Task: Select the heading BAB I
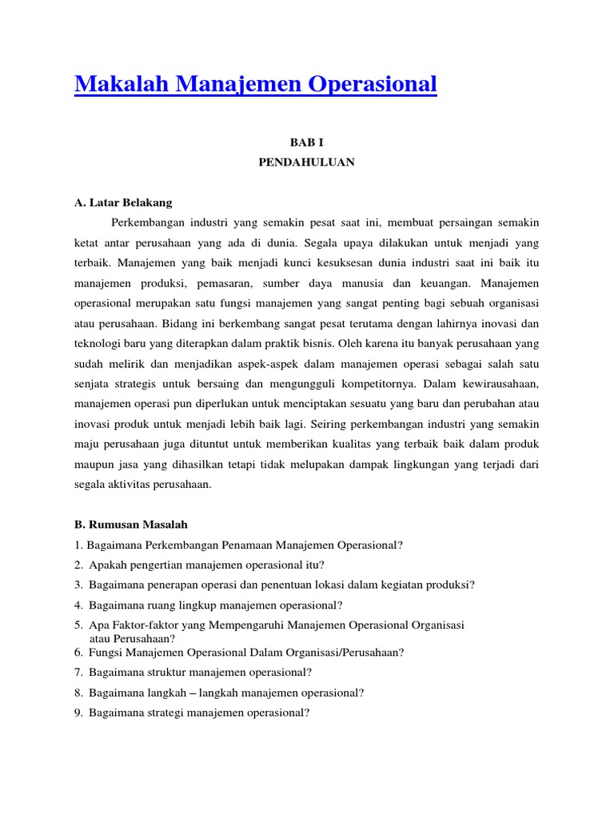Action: pyautogui.click(x=306, y=141)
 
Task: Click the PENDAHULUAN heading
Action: pyautogui.click(x=306, y=162)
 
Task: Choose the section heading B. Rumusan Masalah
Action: pyautogui.click(x=130, y=525)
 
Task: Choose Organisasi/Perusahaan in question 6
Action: pyautogui.click(x=343, y=652)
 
